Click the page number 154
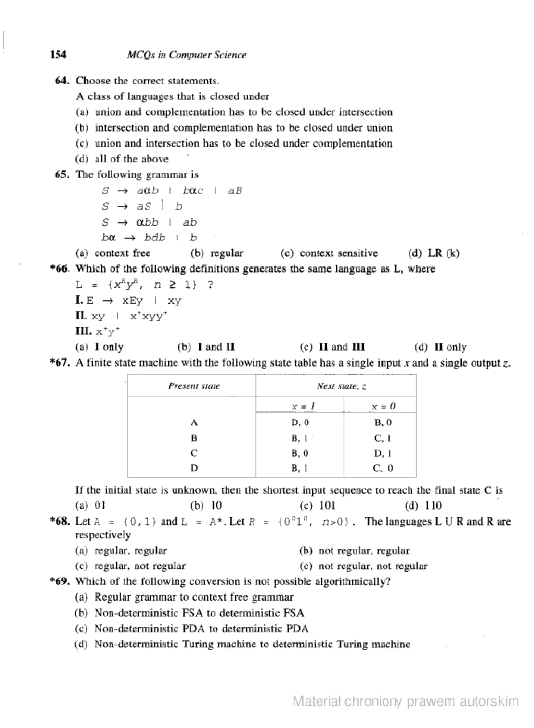(58, 55)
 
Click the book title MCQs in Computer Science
(186, 55)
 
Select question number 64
(62, 81)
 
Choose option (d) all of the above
(122, 159)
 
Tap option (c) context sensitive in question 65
(329, 253)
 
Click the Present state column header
(194, 386)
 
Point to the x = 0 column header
(383, 406)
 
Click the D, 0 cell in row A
(300, 422)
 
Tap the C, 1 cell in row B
(383, 438)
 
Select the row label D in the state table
(194, 468)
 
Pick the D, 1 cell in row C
(383, 453)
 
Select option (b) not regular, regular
(354, 550)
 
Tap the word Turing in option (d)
(198, 644)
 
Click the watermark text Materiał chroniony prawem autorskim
(406, 701)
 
